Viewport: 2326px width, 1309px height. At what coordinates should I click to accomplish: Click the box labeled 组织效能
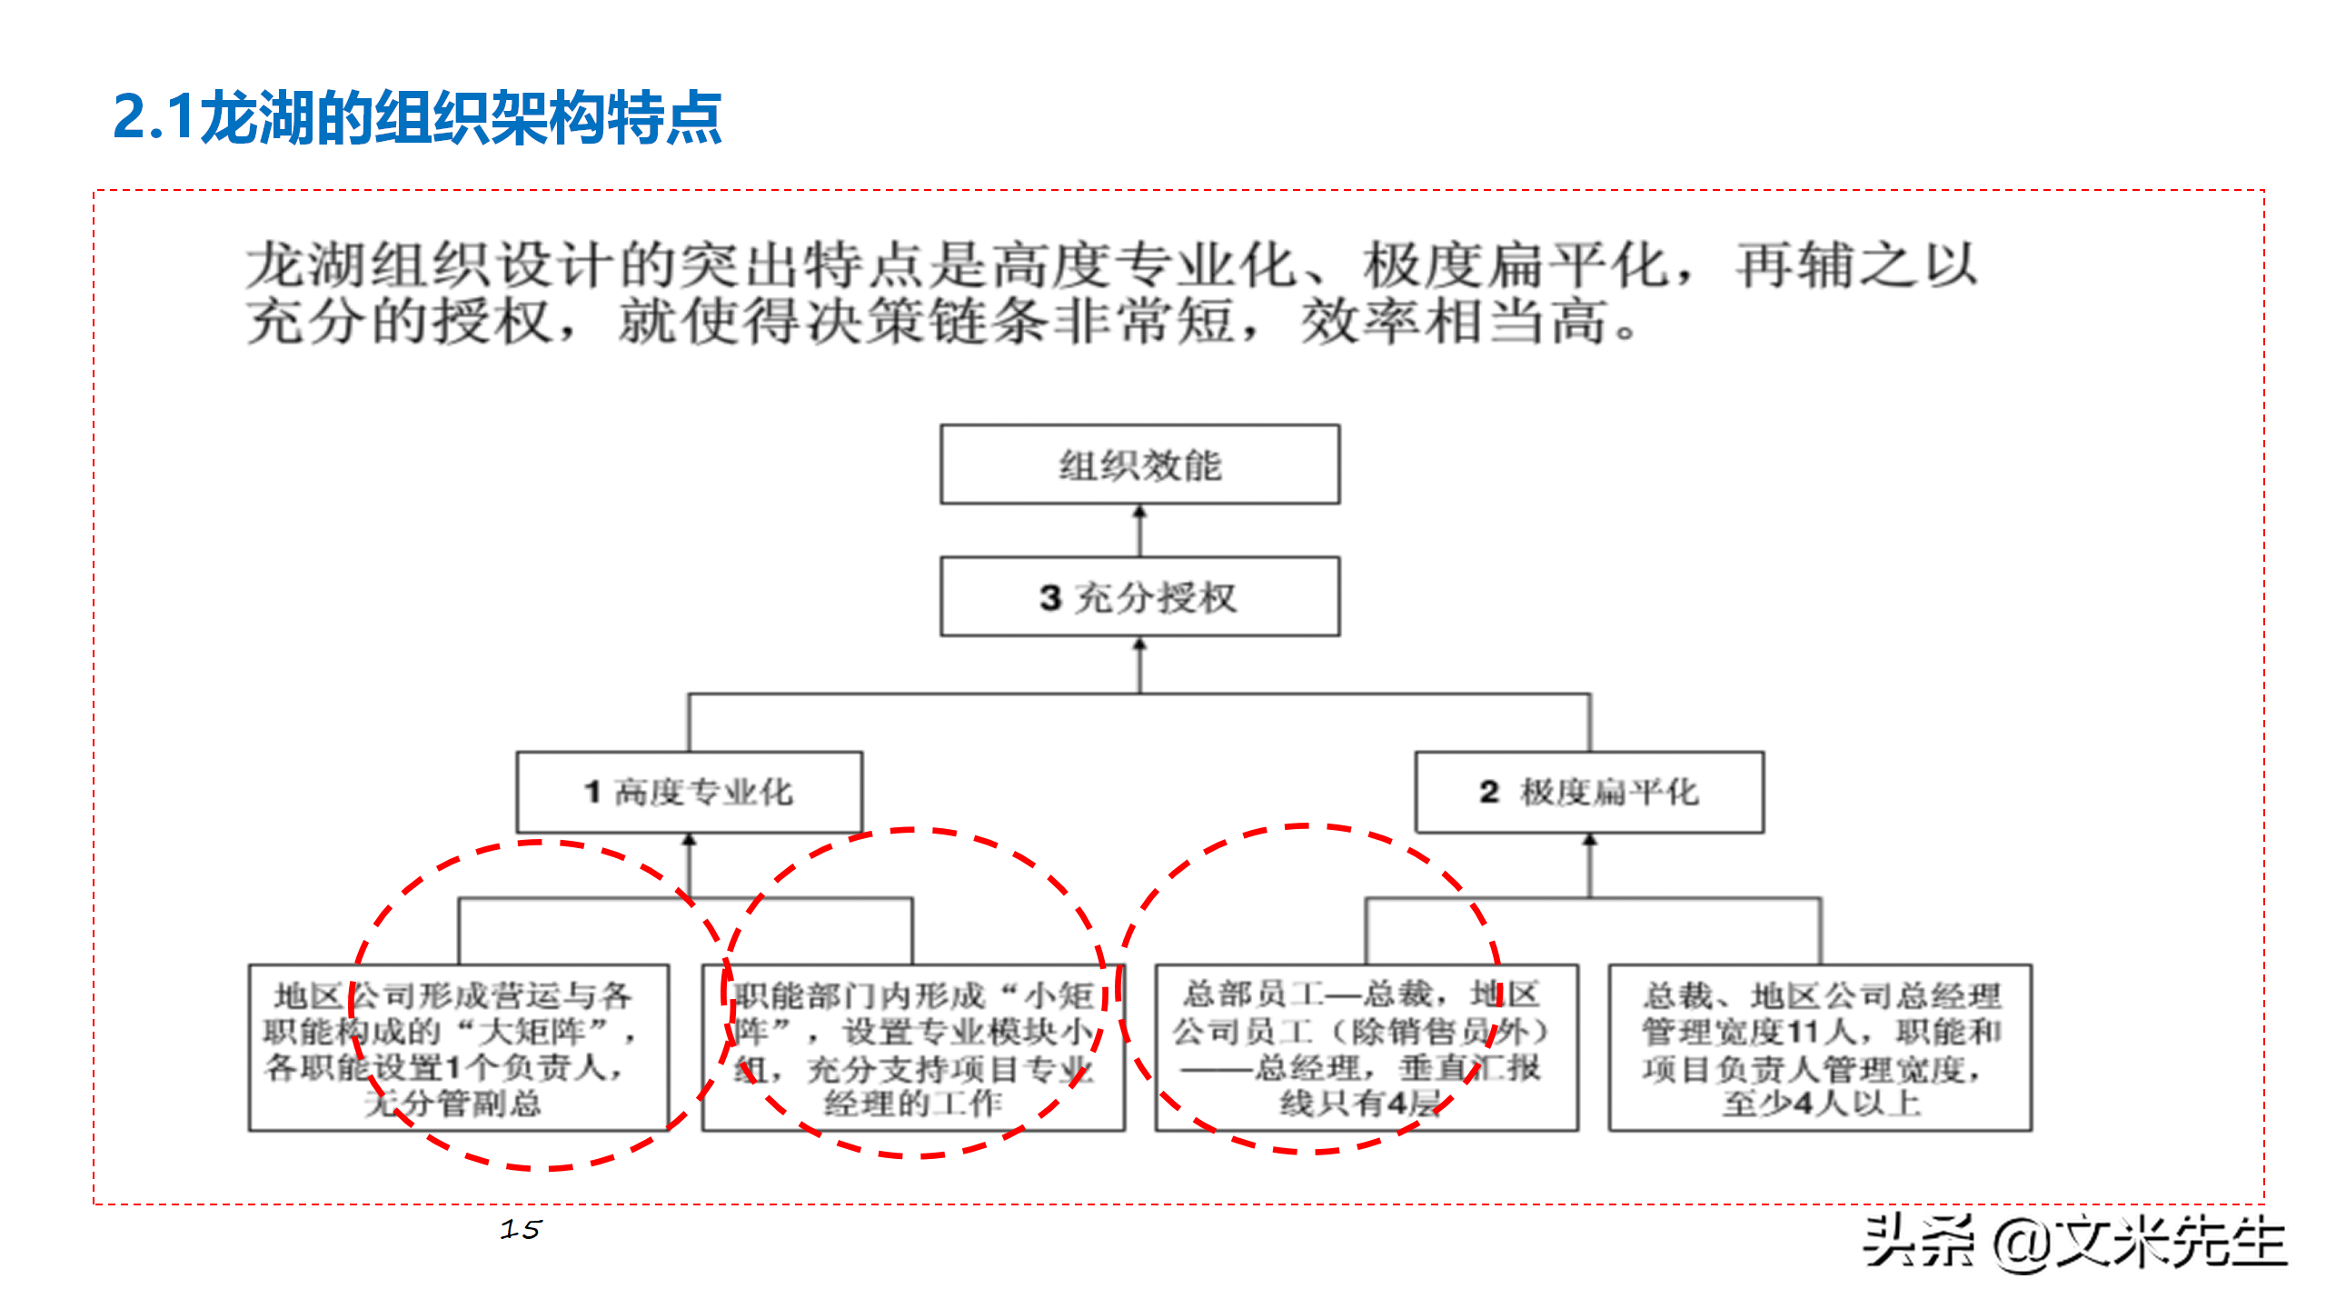[1139, 465]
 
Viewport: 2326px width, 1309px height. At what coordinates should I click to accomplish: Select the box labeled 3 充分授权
[1139, 597]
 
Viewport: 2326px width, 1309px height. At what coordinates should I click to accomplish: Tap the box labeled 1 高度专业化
[689, 792]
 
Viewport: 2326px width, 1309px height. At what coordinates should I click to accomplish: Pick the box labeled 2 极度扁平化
[1589, 792]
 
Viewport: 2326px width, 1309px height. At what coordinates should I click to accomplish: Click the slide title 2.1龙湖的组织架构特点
[417, 118]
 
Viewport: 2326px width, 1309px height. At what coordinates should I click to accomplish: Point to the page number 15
[521, 1230]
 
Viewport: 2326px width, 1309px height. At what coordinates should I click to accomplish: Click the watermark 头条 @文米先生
[2074, 1242]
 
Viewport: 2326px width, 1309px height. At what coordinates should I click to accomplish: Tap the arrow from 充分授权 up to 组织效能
[1139, 531]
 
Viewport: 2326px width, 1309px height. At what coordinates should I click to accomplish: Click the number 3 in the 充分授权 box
[1050, 598]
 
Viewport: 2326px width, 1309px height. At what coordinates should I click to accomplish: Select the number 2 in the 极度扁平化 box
[1488, 792]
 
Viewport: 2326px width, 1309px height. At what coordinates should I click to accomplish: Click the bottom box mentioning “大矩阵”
[459, 1048]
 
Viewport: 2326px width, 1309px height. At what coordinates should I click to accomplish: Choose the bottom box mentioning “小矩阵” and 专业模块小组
[913, 1048]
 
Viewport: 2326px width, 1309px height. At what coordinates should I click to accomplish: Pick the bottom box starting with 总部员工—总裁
[1366, 1048]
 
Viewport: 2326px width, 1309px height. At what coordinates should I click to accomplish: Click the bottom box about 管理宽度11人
[1820, 1048]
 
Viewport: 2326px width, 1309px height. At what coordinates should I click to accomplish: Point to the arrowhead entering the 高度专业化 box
[689, 841]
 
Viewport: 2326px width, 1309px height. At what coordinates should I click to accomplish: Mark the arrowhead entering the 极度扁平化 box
[1589, 841]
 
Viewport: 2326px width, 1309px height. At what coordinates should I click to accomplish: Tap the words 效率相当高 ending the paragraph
[1454, 322]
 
